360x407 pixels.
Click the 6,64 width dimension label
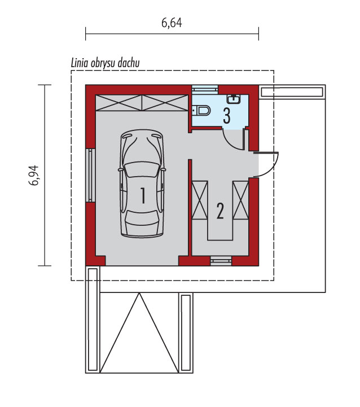click(x=172, y=23)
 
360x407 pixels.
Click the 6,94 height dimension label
click(x=34, y=176)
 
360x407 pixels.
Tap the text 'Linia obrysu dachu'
click(x=105, y=63)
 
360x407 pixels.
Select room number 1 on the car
click(x=143, y=196)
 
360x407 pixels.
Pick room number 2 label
click(x=220, y=211)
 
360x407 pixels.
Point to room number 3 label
click(x=227, y=116)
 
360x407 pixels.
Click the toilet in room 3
click(x=201, y=111)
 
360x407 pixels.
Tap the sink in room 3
click(x=234, y=99)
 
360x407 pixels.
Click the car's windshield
click(x=142, y=170)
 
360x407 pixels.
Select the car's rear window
click(x=142, y=217)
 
